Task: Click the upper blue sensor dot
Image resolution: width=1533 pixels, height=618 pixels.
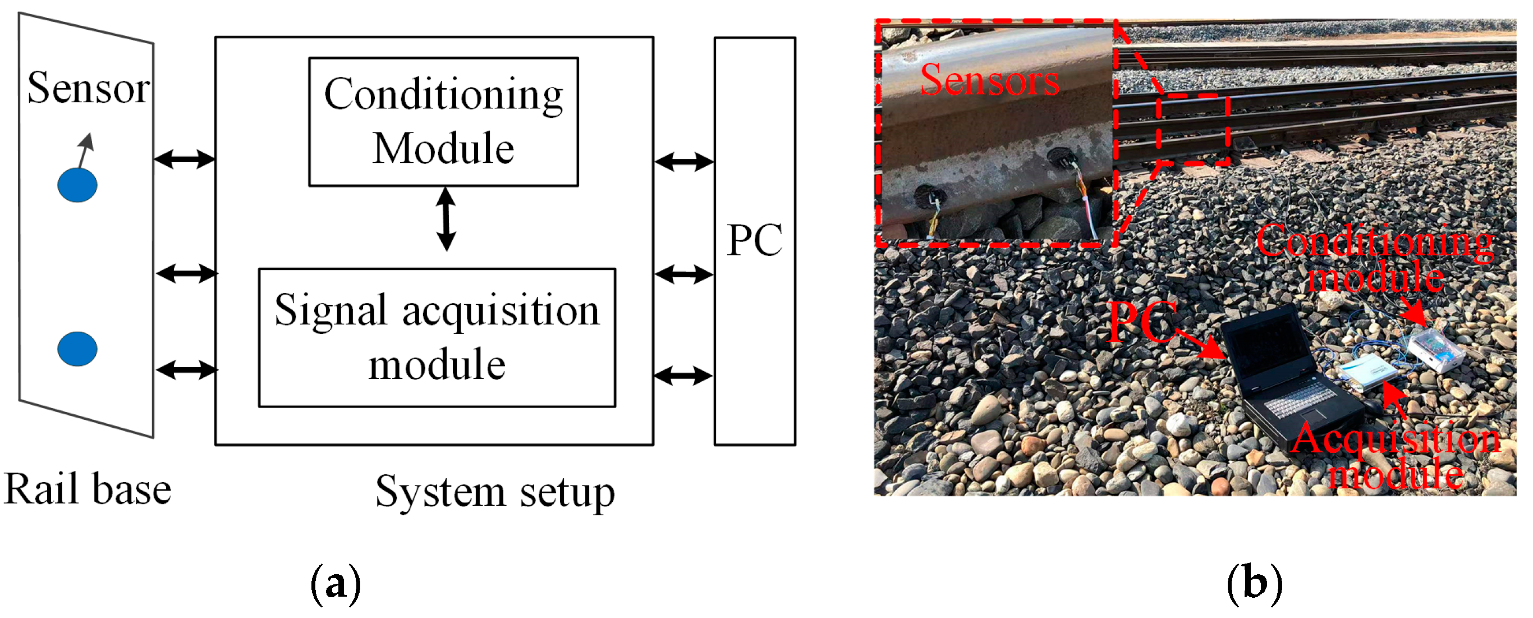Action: tap(77, 185)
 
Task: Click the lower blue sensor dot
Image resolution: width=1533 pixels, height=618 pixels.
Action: tap(77, 349)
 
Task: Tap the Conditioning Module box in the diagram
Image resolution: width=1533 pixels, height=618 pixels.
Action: tap(443, 122)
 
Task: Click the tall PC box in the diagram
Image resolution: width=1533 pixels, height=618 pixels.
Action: tap(755, 241)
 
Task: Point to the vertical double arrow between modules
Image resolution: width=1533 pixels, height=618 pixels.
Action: tap(446, 219)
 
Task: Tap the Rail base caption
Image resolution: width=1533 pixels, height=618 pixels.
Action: tap(88, 489)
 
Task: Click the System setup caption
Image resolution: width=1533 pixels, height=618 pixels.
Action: tap(495, 492)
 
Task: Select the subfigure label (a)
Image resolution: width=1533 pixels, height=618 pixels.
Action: tap(336, 585)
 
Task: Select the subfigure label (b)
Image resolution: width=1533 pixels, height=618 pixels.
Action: tap(1255, 585)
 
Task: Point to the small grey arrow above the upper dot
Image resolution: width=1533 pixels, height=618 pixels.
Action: tap(86, 149)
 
